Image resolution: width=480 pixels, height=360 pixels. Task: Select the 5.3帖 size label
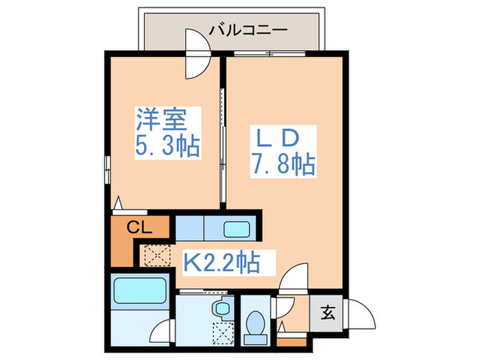coord(167,146)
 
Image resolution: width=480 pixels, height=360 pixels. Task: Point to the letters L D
coord(277,138)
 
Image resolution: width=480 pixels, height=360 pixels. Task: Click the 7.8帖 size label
coord(283,165)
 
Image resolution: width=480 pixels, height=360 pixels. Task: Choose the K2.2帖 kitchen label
coord(219,261)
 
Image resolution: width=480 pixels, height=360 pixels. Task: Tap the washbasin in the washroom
coord(221,309)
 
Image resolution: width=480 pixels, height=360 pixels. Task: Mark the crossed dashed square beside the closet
coord(155,255)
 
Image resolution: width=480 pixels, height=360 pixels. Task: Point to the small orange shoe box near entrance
coord(289,341)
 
